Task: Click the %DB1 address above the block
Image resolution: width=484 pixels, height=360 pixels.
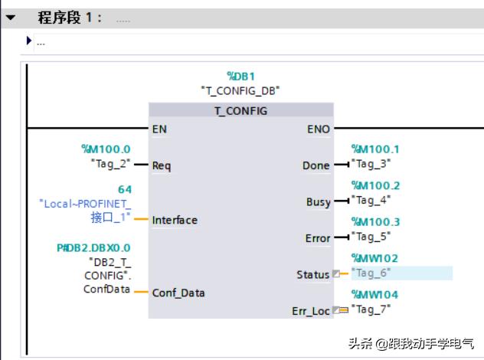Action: (240, 76)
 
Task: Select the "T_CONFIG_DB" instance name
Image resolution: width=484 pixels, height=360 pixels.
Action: (240, 90)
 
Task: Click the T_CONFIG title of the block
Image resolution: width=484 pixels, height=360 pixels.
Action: (240, 111)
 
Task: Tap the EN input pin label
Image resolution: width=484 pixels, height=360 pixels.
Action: (159, 129)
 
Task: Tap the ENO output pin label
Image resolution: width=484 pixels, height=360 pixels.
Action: (319, 129)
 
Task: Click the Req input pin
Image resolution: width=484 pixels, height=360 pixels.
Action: (162, 165)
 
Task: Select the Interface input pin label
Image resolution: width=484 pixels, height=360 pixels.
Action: (175, 220)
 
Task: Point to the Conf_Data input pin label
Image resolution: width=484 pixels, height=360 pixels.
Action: (178, 293)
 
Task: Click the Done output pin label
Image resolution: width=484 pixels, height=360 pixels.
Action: (316, 165)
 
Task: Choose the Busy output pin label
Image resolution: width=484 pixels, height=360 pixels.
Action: (318, 202)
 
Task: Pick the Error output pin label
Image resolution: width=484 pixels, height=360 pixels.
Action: (318, 238)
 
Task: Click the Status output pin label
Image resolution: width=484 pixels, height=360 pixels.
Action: (312, 274)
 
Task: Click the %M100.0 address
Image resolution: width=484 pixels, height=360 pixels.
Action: (106, 149)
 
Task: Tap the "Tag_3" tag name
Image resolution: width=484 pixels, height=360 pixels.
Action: (371, 163)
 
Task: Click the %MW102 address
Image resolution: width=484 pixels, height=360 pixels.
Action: (374, 259)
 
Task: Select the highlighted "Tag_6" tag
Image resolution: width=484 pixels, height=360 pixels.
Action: (371, 273)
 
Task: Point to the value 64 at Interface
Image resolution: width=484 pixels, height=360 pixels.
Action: (124, 189)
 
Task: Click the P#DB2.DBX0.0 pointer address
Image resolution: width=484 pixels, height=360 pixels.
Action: (93, 247)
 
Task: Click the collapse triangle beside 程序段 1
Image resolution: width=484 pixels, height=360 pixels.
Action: (11, 17)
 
